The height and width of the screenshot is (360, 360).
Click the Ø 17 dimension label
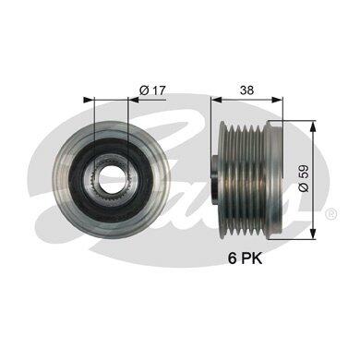pos(152,90)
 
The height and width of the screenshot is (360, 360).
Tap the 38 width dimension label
pos(247,90)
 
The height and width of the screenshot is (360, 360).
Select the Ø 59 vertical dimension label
pos(304,179)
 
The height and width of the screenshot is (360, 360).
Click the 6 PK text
pos(245,258)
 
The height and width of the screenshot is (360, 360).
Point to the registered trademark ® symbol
pos(330,212)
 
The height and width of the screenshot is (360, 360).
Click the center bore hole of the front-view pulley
pos(111,178)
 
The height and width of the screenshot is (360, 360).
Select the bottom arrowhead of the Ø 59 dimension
pos(313,234)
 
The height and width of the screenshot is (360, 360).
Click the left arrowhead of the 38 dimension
pos(217,100)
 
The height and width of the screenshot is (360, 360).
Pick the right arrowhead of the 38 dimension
pos(277,100)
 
